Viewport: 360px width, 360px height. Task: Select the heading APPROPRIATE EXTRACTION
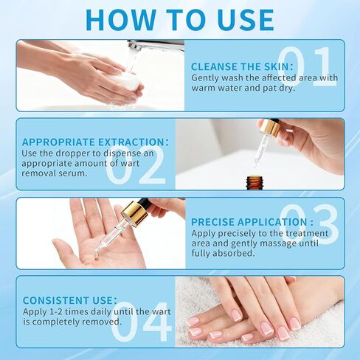(95, 142)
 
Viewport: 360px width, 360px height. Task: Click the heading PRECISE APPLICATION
(252, 221)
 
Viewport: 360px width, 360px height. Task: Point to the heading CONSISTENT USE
(69, 300)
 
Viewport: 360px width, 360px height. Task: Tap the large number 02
(136, 167)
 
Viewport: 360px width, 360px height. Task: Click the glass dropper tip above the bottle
(257, 159)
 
